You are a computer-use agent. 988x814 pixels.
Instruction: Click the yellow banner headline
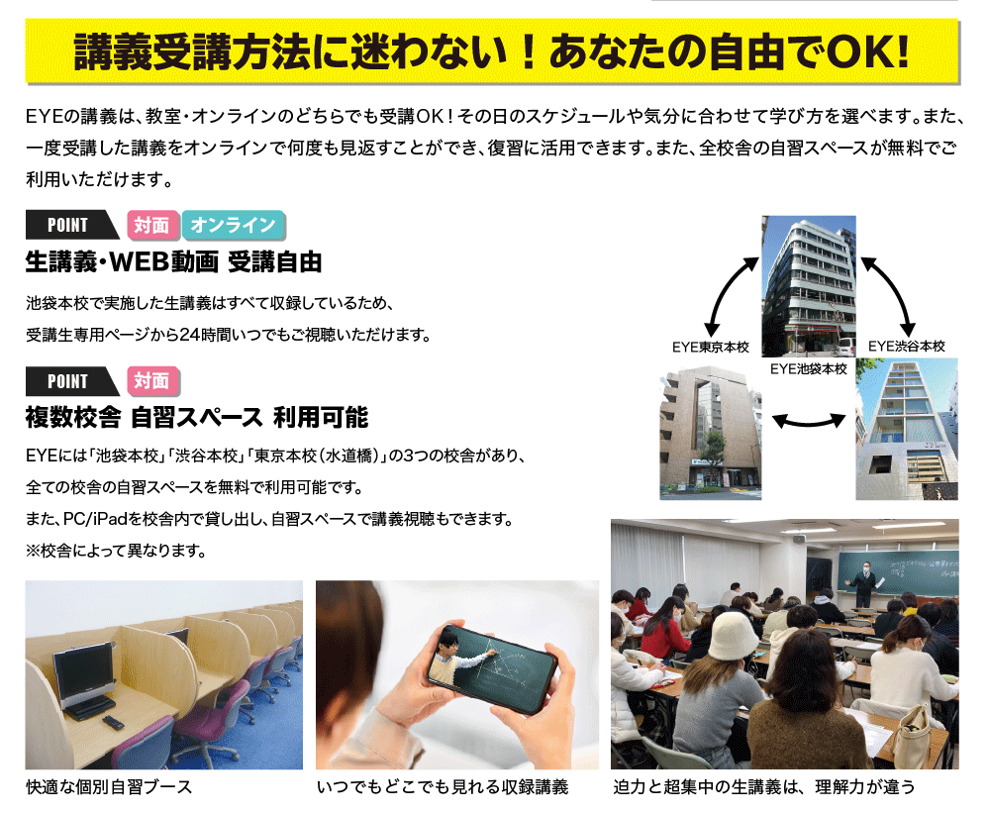click(491, 51)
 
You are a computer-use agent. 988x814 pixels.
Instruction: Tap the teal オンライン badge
click(233, 225)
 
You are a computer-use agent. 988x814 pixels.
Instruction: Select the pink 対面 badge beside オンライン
click(153, 225)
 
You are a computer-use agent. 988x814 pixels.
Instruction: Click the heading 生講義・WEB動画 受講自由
click(173, 262)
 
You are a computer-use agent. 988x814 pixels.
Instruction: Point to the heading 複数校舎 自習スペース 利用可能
click(197, 418)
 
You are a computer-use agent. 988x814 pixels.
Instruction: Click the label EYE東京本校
click(710, 347)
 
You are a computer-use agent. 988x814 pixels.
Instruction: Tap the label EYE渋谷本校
click(907, 347)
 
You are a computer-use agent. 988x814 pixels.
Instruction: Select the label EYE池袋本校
click(809, 368)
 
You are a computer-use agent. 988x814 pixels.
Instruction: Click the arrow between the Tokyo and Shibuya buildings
click(809, 421)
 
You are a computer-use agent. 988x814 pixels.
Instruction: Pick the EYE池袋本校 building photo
click(809, 286)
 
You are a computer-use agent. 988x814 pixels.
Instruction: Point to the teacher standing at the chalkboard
click(864, 583)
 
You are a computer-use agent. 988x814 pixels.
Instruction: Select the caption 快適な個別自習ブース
click(109, 787)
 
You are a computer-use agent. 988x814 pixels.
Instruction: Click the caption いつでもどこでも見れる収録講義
click(443, 787)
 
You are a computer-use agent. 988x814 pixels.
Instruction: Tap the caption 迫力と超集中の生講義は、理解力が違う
click(763, 787)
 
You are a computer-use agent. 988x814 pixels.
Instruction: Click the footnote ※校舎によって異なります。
click(117, 551)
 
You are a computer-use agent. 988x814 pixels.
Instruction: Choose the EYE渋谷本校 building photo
click(907, 429)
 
